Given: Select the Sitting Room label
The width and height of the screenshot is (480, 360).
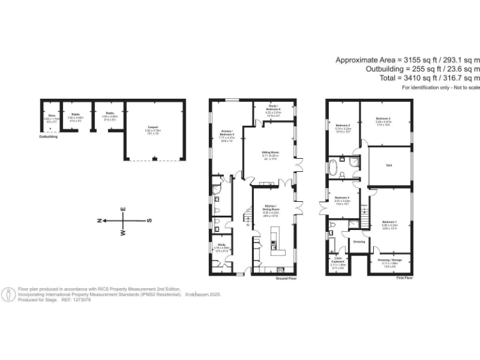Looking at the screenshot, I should point(269,151).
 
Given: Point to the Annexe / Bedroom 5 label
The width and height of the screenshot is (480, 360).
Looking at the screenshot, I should point(226,132).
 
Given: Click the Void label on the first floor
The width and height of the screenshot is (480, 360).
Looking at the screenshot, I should point(388,165).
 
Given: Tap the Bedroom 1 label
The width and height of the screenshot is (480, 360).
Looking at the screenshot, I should point(389,222).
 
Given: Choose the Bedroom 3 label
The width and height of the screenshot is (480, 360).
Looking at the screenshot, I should point(383,118).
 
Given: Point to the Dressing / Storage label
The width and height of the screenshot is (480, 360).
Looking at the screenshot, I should point(389,261).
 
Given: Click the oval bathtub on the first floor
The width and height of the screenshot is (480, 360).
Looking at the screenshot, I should point(334,167).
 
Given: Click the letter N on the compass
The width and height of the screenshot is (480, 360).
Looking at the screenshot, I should point(100,221).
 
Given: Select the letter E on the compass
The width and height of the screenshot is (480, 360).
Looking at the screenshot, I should point(123,209).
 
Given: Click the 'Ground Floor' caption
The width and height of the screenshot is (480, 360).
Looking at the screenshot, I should point(285,278).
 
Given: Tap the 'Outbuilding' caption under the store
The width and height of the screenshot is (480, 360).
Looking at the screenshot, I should point(48,136).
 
